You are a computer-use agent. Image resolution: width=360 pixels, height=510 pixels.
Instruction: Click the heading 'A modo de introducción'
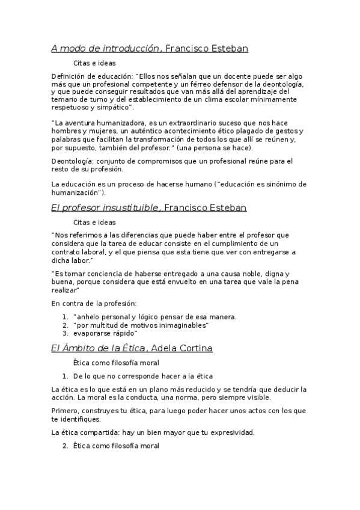coord(105,49)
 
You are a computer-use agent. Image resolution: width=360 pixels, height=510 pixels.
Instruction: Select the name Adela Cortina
coord(182,348)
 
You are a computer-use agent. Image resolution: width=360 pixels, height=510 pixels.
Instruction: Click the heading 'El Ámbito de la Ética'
coord(98,348)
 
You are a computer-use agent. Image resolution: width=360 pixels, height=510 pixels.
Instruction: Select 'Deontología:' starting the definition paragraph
coord(72,161)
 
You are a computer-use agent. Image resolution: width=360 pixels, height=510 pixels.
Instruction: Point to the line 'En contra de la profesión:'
coord(94,303)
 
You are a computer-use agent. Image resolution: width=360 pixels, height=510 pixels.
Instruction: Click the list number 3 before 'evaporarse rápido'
coord(65,333)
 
